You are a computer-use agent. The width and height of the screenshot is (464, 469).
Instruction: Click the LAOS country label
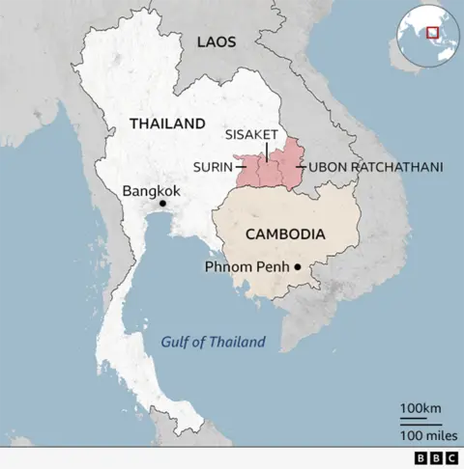pyautogui.click(x=217, y=41)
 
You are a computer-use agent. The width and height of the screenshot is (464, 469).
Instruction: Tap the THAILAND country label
pyautogui.click(x=167, y=124)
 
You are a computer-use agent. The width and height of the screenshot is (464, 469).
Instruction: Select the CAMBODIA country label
pyautogui.click(x=284, y=234)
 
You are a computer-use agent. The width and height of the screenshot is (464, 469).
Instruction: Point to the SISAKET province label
pyautogui.click(x=251, y=134)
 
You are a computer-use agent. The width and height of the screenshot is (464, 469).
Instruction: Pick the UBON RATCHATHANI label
pyautogui.click(x=375, y=167)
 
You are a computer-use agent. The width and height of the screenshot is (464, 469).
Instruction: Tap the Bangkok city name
pyautogui.click(x=151, y=191)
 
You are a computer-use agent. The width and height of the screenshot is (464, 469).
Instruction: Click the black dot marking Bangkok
pyautogui.click(x=162, y=204)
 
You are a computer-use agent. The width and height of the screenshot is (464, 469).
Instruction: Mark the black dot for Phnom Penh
pyautogui.click(x=299, y=267)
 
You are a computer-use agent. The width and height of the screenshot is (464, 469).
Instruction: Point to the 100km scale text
pyautogui.click(x=420, y=408)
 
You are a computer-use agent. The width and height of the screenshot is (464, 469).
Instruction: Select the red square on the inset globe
pyautogui.click(x=433, y=32)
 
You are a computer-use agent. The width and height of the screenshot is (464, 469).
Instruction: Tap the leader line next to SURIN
pyautogui.click(x=240, y=167)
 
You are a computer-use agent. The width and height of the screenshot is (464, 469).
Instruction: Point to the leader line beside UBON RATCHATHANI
pyautogui.click(x=301, y=167)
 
